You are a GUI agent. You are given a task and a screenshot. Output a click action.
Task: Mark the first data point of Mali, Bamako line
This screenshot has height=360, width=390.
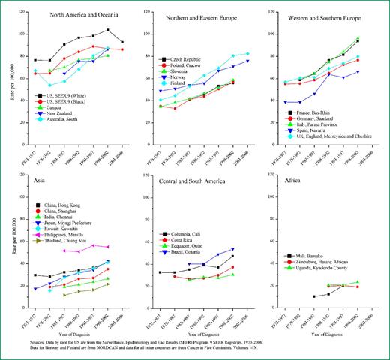[292, 296]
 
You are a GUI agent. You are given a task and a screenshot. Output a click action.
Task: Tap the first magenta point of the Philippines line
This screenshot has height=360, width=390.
[64, 250]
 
